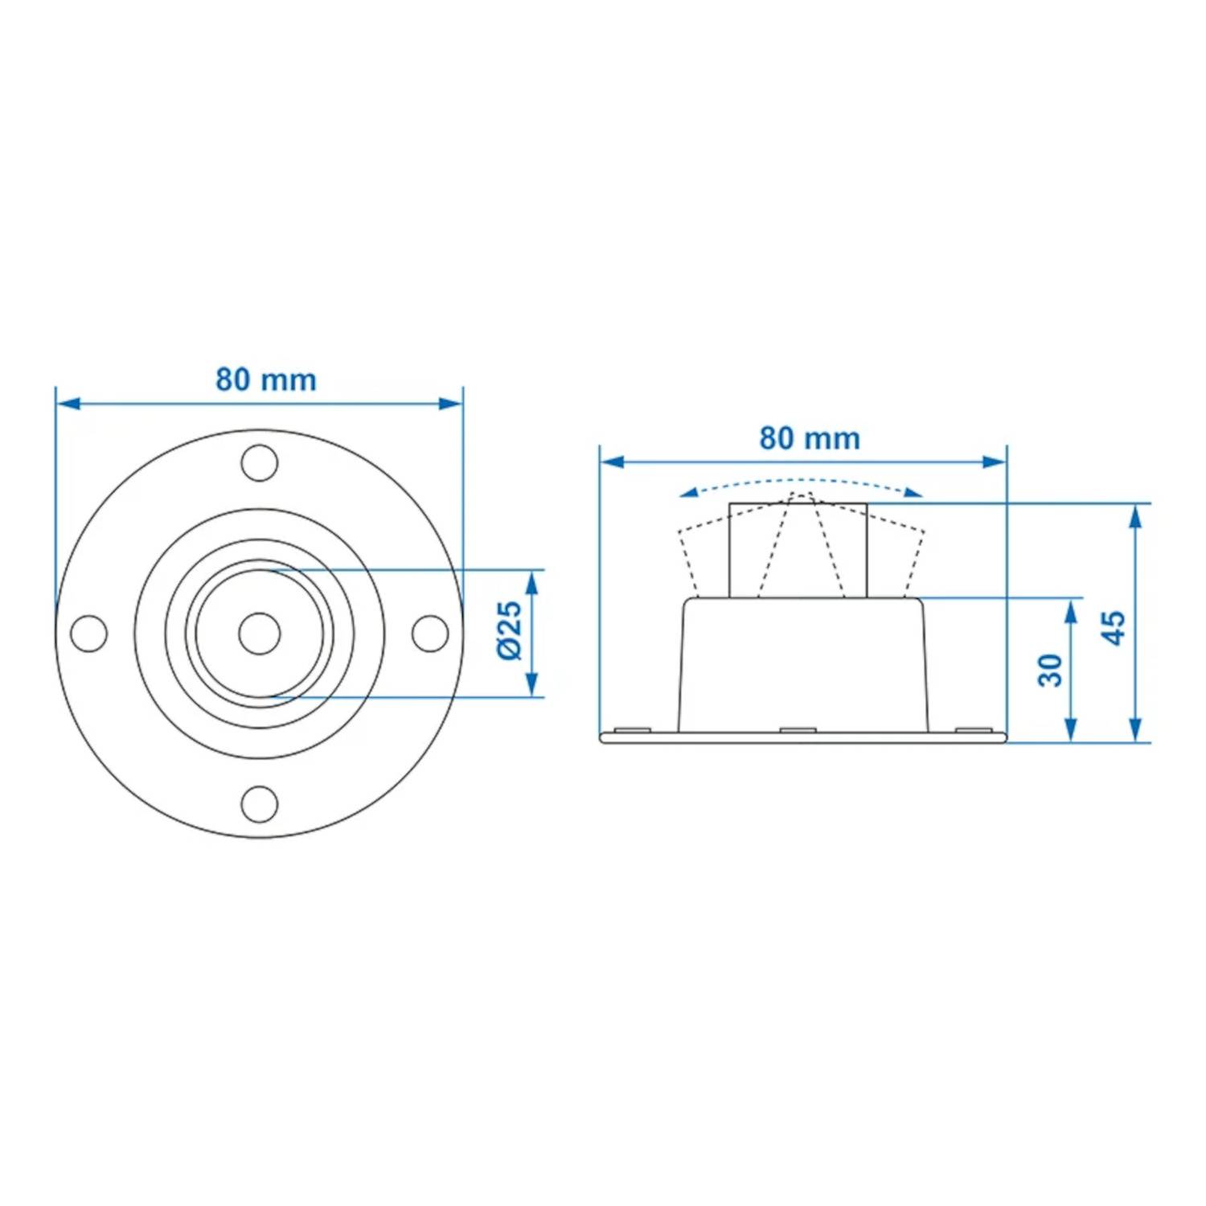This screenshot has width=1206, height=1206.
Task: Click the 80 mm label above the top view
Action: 266,379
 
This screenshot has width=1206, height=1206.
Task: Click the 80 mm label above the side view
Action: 810,438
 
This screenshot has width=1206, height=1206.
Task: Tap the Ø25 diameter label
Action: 510,632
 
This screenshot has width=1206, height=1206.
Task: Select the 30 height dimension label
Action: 1050,670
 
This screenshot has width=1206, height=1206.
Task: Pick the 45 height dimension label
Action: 1114,627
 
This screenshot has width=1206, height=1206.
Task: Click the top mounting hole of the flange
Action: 260,463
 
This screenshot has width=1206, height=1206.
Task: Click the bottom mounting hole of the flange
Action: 260,804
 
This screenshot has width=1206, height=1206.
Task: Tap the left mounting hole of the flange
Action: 89,634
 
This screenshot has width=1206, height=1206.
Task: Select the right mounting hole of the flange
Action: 430,634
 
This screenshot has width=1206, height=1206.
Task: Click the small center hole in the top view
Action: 260,634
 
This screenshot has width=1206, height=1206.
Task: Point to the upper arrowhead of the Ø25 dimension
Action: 531,582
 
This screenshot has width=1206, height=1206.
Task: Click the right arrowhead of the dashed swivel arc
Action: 912,492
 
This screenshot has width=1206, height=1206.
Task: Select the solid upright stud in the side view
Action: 798,551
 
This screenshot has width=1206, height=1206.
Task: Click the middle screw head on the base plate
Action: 798,730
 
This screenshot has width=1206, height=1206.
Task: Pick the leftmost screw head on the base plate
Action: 632,730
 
